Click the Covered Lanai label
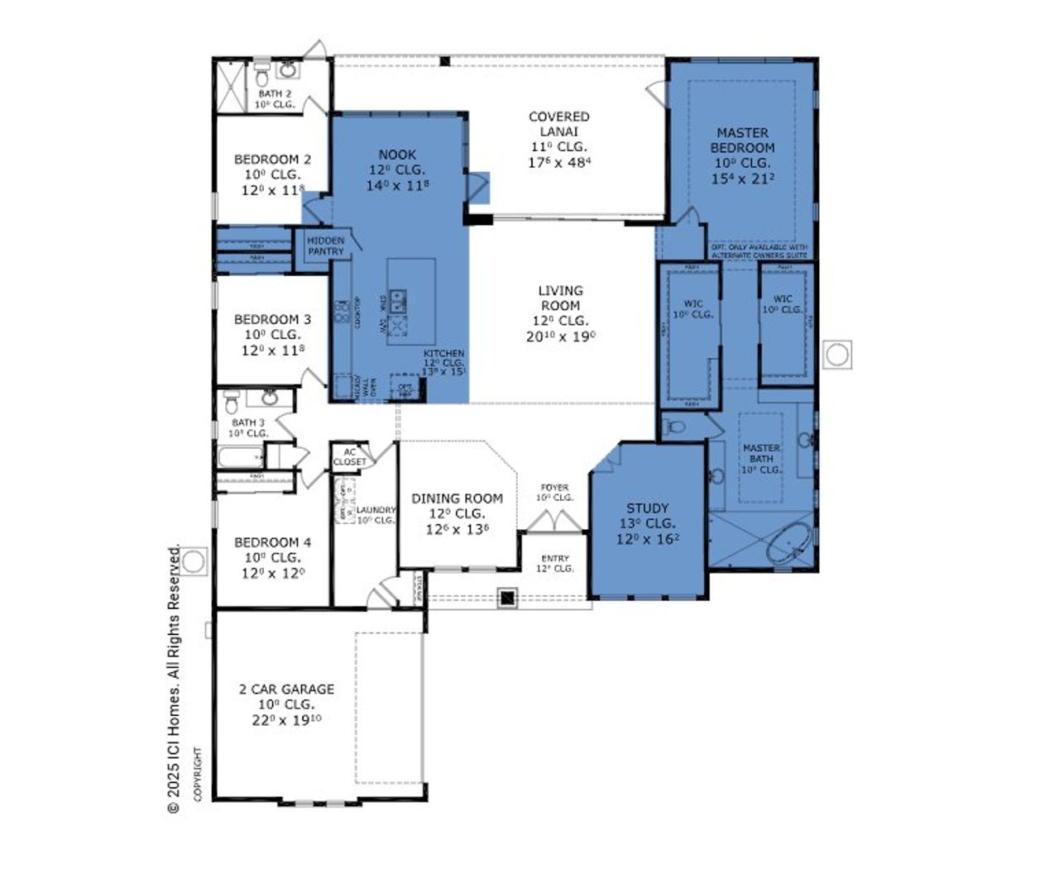tap(559, 124)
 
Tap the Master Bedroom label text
tap(742, 140)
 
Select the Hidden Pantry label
tap(325, 246)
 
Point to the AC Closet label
tap(349, 456)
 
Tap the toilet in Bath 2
tap(261, 76)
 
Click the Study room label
tap(647, 508)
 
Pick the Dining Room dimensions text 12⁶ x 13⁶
tap(457, 529)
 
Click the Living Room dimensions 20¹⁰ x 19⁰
tap(560, 336)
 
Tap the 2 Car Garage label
tap(286, 689)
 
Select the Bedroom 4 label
tap(272, 542)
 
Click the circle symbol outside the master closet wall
tap(837, 355)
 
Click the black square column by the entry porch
tap(508, 598)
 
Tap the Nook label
tap(397, 155)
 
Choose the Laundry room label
tap(375, 510)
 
